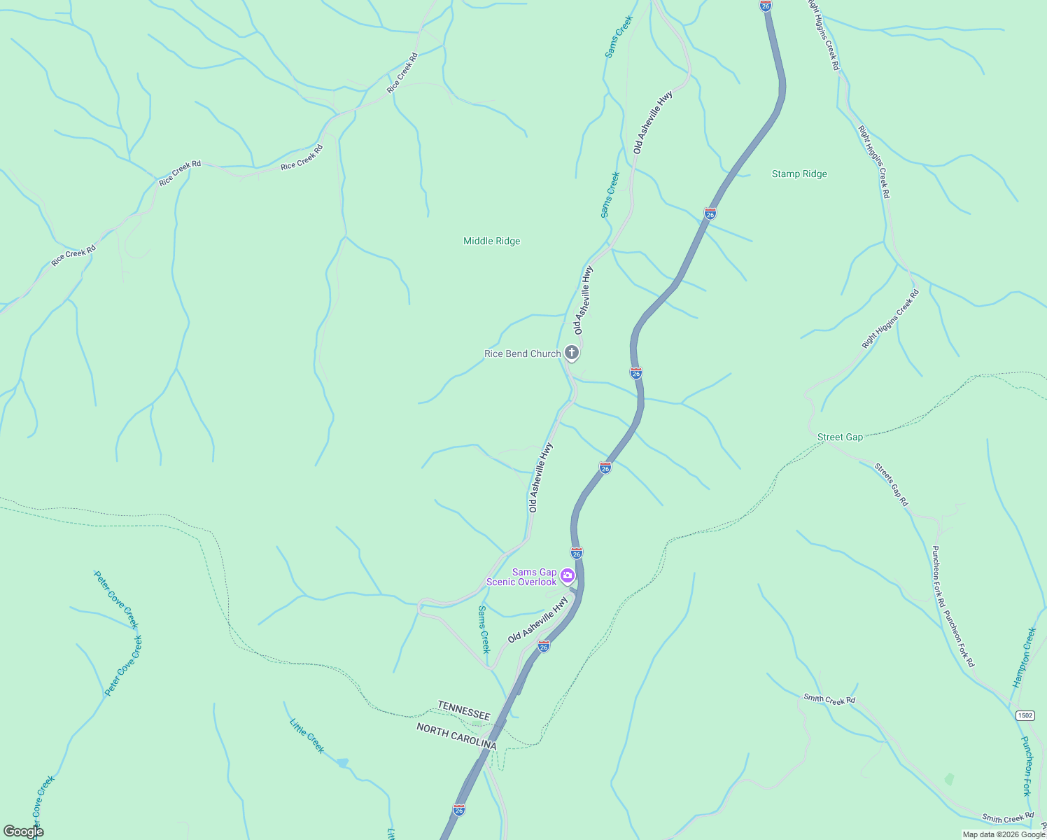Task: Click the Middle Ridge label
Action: tap(491, 241)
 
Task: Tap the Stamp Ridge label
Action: tap(799, 174)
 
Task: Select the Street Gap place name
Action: tap(840, 437)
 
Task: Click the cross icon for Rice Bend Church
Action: tap(572, 353)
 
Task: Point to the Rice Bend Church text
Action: tap(522, 353)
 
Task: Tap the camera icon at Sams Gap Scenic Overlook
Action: tap(568, 576)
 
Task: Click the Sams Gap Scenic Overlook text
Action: tap(522, 577)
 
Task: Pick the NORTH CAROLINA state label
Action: tap(456, 736)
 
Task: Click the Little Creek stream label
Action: tap(307, 736)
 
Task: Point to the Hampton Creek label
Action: tap(1024, 657)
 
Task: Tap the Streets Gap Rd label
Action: tap(891, 484)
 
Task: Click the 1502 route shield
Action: tap(1025, 715)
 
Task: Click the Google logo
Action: tap(23, 832)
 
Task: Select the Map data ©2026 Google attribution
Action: tap(1004, 834)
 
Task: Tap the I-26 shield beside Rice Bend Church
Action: tap(635, 373)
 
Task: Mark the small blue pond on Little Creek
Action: tap(342, 762)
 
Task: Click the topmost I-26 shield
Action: tap(766, 6)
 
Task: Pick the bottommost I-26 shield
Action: tap(459, 810)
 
